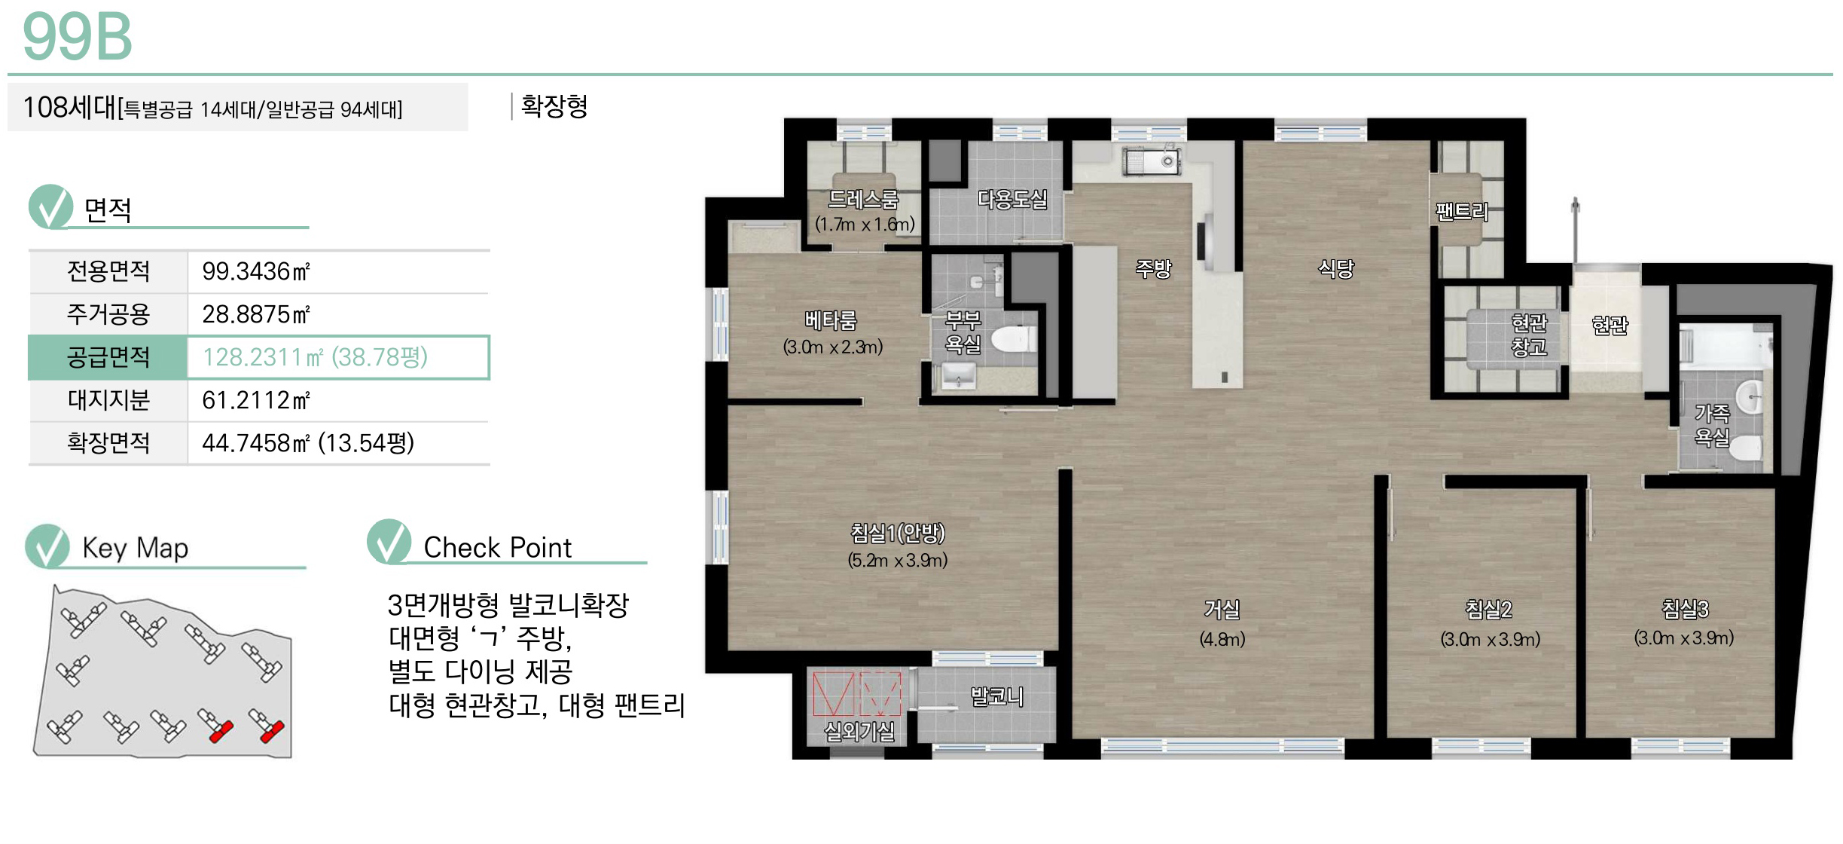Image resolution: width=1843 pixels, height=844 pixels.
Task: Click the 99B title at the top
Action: coord(78,37)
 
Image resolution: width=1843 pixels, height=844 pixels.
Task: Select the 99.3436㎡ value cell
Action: coord(256,271)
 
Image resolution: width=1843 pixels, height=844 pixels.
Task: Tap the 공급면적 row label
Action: coord(108,357)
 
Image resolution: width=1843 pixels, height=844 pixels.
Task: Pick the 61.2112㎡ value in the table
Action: coord(256,400)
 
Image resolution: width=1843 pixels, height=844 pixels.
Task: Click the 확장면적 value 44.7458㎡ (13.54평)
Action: coord(308,443)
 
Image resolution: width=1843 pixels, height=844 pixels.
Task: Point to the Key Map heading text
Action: coord(136,548)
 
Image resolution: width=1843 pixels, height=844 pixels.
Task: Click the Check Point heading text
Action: coord(498,548)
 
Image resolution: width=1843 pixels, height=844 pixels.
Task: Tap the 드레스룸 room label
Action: coord(863,200)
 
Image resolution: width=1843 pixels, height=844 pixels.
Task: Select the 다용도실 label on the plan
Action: coord(1012,200)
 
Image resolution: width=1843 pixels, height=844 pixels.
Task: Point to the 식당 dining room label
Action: coord(1335,268)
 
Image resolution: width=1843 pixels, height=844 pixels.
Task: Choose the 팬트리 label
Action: coord(1462,212)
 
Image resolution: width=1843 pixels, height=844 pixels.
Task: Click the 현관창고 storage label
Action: coord(1529,335)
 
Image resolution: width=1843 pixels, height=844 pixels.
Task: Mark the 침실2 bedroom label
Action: coord(1489,609)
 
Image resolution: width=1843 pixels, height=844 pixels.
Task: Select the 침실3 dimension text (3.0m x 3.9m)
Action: coord(1684,638)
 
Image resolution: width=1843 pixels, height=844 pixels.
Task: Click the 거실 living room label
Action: coord(1222,609)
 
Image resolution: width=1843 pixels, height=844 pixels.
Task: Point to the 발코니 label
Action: coord(996,697)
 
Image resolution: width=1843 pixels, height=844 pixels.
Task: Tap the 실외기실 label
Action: coord(859,731)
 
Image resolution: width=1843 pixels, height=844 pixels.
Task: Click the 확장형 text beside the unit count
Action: coord(554,106)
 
